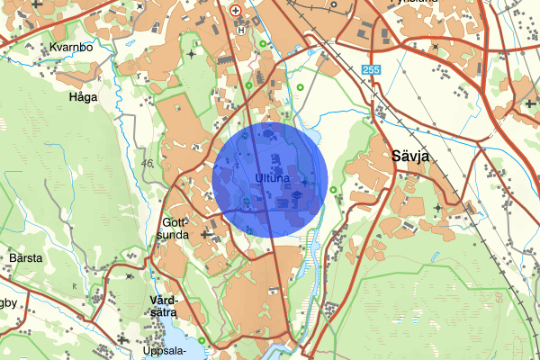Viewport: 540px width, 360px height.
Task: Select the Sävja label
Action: click(412, 156)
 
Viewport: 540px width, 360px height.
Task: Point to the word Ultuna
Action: click(271, 177)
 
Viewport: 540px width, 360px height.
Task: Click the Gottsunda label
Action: click(174, 229)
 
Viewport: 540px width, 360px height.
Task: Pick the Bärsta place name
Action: click(24, 258)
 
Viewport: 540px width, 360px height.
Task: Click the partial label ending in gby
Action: click(8, 303)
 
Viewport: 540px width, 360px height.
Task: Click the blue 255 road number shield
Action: click(373, 70)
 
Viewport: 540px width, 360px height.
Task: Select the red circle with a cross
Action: click(236, 11)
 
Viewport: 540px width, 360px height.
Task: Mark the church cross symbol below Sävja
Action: click(439, 209)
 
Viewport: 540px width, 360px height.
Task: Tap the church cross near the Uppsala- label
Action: click(121, 337)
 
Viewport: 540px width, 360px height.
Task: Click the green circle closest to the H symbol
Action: click(262, 43)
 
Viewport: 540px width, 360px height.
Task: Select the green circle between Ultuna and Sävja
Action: click(333, 190)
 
